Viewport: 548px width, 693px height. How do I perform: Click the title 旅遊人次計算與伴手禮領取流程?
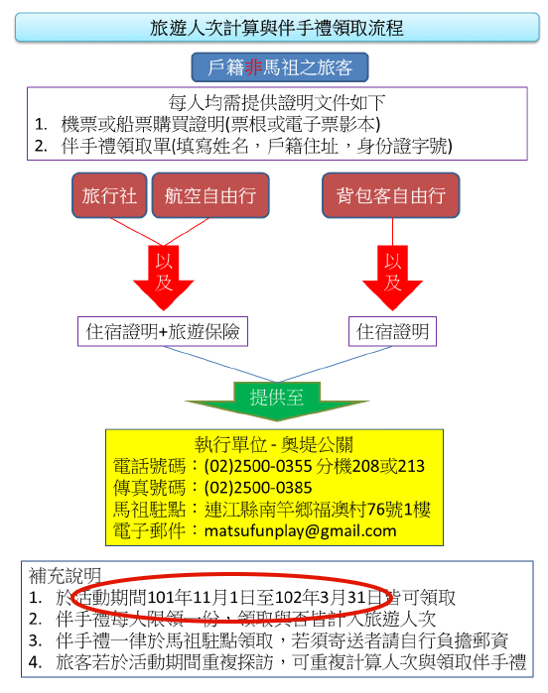click(276, 28)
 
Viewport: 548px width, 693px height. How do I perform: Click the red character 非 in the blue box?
click(253, 67)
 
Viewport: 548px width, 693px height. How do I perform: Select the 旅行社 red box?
click(109, 195)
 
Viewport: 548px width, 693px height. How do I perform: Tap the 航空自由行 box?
click(210, 195)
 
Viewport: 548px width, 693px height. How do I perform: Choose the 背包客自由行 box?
click(391, 195)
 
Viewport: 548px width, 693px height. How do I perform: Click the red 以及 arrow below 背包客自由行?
click(392, 278)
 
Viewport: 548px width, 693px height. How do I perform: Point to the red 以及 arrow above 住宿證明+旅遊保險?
click(164, 278)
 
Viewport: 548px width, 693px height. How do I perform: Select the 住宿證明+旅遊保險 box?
click(163, 331)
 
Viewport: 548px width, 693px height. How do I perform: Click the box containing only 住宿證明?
click(392, 331)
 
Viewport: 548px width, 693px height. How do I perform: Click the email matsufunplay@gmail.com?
click(300, 530)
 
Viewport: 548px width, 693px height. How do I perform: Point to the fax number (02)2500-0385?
click(258, 488)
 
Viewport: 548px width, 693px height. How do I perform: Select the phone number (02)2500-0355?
click(258, 466)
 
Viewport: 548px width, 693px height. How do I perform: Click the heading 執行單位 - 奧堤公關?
click(274, 444)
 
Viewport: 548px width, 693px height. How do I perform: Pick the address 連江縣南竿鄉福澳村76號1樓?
click(318, 510)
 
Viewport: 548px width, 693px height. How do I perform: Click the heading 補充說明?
click(65, 576)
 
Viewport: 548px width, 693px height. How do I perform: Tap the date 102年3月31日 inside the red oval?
click(328, 598)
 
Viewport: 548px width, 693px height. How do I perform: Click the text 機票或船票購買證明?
click(143, 124)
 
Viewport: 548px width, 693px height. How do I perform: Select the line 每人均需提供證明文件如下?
click(277, 102)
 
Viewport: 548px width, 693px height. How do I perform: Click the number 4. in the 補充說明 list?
click(35, 662)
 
